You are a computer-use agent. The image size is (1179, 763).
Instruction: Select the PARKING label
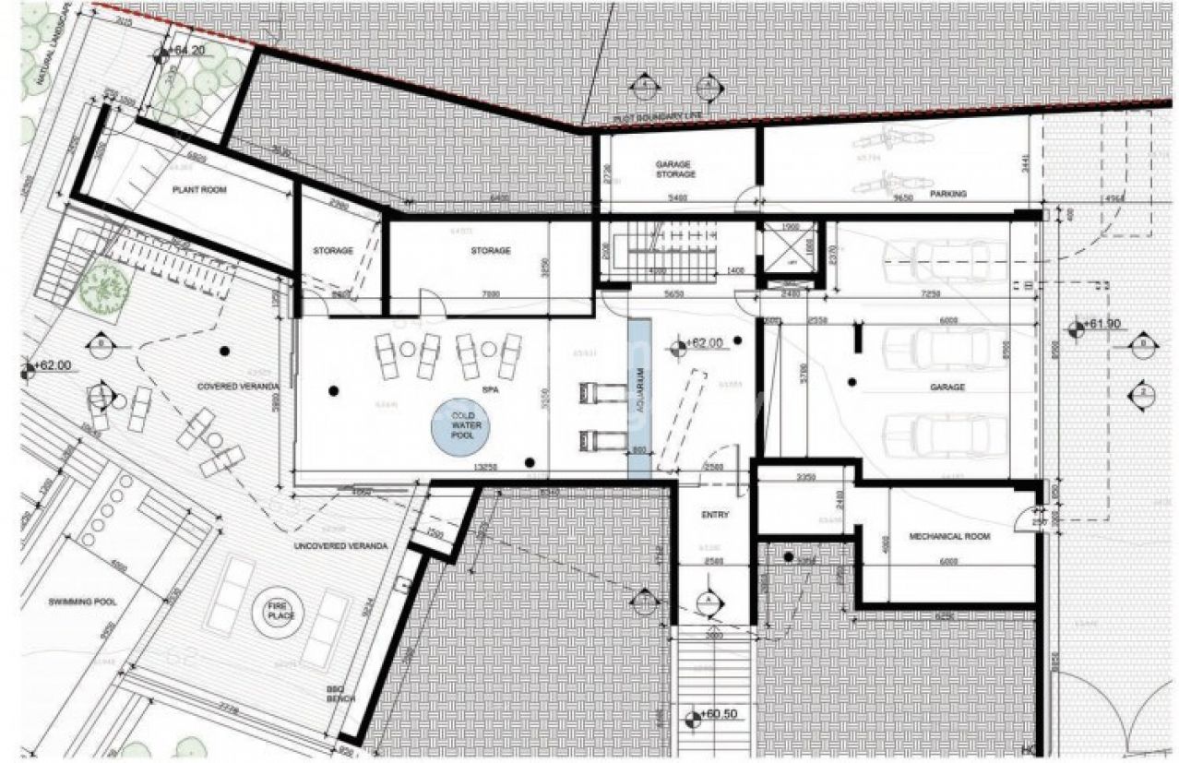[947, 194]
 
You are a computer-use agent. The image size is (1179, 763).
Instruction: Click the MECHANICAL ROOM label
[949, 536]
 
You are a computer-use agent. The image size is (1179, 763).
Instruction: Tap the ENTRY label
[715, 515]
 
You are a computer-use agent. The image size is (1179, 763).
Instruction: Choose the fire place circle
[278, 608]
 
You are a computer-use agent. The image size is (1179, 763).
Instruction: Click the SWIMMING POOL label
[82, 602]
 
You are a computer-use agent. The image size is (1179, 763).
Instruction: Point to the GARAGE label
[947, 387]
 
